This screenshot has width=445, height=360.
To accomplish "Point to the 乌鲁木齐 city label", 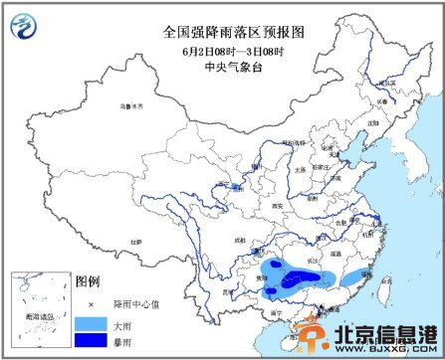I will [132, 104].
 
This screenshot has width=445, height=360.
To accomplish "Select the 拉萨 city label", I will [135, 242].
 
